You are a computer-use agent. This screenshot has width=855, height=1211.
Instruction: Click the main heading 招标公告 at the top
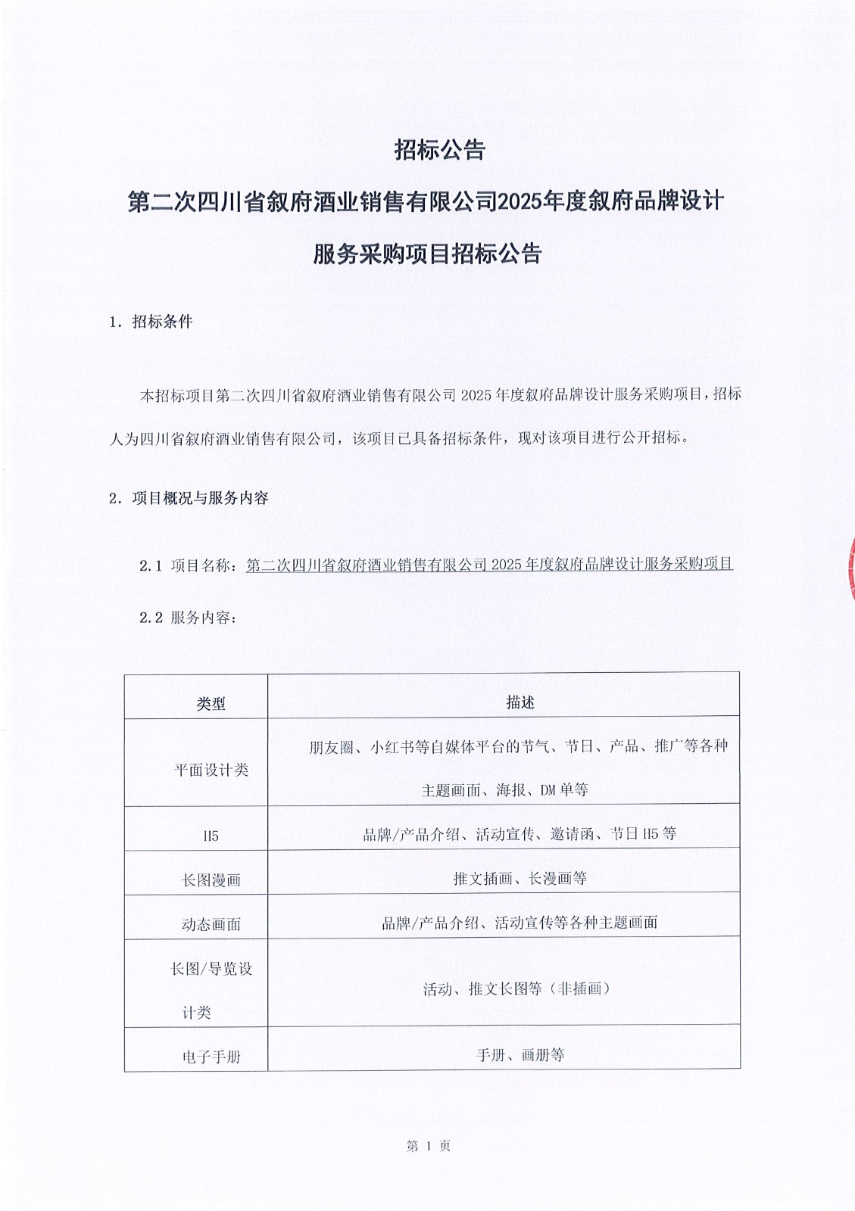click(439, 150)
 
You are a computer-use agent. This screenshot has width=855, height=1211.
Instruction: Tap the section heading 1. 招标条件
click(151, 322)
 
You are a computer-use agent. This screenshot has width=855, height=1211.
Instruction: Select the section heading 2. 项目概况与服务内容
click(189, 498)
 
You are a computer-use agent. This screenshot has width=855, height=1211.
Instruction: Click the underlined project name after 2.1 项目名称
click(489, 564)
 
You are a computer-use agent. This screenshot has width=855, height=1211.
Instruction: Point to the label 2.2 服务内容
click(189, 618)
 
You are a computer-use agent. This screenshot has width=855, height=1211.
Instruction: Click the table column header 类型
click(211, 704)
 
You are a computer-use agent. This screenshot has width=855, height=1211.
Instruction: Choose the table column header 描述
click(520, 702)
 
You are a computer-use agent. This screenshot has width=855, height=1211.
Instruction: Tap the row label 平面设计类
click(211, 770)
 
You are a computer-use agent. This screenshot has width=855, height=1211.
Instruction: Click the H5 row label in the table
click(211, 836)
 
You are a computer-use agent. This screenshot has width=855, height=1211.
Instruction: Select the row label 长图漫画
click(211, 880)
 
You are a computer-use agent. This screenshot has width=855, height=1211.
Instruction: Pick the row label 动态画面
click(211, 924)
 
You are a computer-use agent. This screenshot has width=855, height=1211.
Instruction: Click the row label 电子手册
click(211, 1057)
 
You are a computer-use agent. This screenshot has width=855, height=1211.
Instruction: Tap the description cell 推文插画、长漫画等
click(520, 878)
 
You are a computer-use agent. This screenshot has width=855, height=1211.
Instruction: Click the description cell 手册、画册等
click(520, 1055)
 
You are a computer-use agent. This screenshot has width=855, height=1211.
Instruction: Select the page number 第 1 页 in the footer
click(429, 1146)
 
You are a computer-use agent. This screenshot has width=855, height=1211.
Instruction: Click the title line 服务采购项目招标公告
click(428, 254)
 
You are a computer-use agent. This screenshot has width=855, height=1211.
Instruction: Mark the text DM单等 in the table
click(564, 790)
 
